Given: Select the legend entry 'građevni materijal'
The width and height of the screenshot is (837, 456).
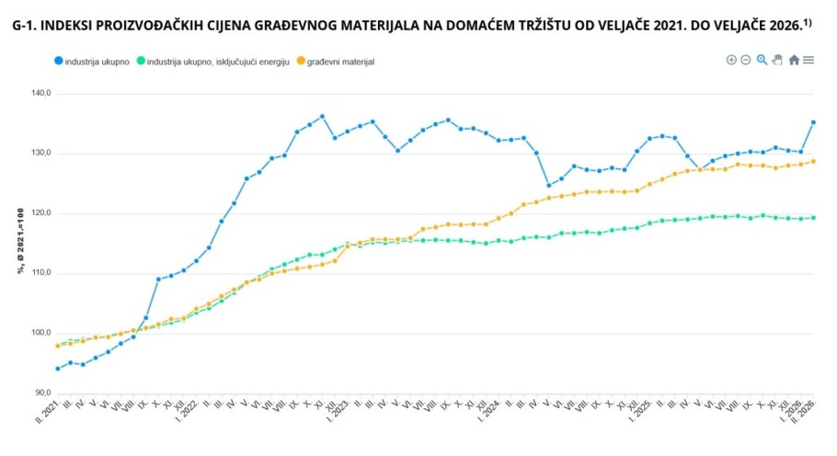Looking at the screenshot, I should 341,62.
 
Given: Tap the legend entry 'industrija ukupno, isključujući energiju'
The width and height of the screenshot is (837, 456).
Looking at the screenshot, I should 218,62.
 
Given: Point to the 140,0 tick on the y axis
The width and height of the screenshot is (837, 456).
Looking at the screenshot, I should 40,94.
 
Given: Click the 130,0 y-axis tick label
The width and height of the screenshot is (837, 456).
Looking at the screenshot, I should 40,154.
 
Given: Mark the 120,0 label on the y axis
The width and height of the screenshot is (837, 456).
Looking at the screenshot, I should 40,213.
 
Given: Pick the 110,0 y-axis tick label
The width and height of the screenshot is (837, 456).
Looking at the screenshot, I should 40,273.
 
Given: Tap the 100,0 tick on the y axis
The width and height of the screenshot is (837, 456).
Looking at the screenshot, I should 40,333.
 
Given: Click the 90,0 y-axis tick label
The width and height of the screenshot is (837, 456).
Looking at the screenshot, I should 42,393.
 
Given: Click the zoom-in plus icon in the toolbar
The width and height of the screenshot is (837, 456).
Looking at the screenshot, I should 731,60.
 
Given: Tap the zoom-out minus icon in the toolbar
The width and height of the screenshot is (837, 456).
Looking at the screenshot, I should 746,60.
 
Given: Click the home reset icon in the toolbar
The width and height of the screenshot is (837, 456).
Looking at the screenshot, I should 794,60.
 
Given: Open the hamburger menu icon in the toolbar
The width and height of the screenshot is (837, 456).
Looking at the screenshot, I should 808,60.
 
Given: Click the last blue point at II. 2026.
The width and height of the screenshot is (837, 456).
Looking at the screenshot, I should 813,122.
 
